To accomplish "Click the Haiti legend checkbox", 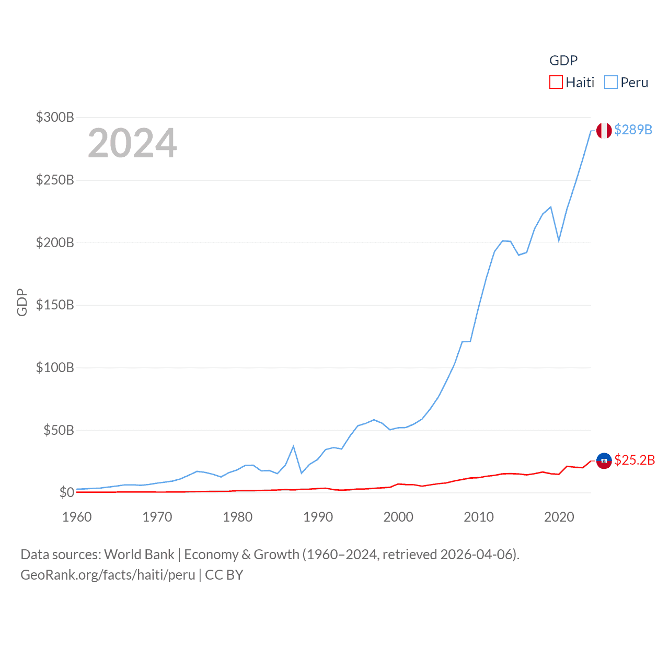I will point(556,83).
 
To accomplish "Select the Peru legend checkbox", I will point(611,83).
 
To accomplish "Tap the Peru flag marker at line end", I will point(604,131).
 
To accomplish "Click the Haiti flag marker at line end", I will point(604,460).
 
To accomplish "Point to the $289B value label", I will point(633,130).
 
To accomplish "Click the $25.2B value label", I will point(635,460).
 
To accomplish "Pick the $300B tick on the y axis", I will point(55,117).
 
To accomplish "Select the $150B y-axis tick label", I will point(55,305).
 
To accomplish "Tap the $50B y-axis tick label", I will point(58,430).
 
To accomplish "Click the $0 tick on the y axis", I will point(66,492).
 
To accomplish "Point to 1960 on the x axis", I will point(77,517).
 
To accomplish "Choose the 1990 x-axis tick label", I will point(318,517).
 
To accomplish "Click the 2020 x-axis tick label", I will point(559,517).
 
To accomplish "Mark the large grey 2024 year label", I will point(132,143).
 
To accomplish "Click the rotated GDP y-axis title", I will point(22,302).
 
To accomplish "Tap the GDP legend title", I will point(563,61).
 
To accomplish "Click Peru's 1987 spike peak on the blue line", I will point(294,446).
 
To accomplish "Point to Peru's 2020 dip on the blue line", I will point(559,240).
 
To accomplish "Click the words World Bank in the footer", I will point(139,554).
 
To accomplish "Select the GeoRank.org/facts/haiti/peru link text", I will point(108,575).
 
